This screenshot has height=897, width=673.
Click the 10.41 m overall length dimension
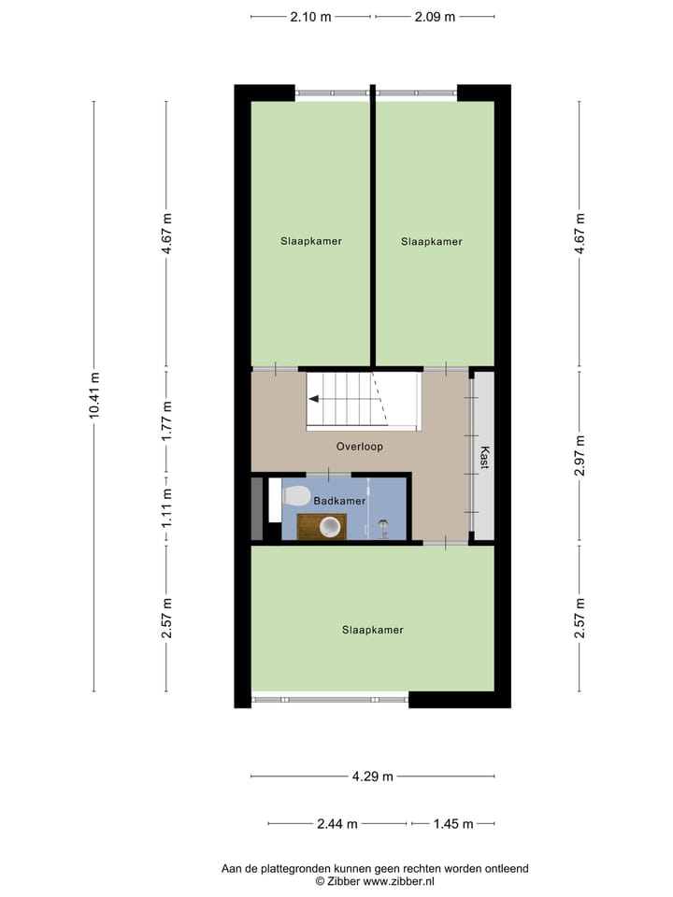coord(94,396)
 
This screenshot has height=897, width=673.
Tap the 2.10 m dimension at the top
coord(311,16)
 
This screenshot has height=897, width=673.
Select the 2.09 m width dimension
coord(435,16)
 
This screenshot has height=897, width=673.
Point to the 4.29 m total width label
coord(372,776)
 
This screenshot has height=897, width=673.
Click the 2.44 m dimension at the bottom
coord(337,824)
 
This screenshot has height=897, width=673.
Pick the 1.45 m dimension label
coord(454,824)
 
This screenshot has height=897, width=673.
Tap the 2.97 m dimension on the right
coord(580,457)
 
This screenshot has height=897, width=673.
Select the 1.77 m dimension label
coord(166,420)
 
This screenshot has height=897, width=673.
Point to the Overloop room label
coord(360,447)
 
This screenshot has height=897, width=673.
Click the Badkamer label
coord(339,501)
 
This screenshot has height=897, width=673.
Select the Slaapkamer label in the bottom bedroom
coord(372,630)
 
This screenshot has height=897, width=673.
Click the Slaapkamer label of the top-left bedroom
coord(311,241)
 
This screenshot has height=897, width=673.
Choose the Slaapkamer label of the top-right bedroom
coord(432,241)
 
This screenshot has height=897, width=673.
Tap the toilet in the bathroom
coord(296,495)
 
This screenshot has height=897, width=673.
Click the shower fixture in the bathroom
coord(381,523)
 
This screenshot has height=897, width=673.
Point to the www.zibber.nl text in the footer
coord(397,881)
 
